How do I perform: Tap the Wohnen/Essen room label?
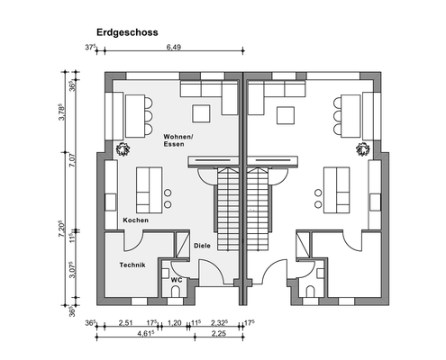[178, 139]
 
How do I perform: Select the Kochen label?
[135, 220]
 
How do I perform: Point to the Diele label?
[203, 245]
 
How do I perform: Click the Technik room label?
[132, 265]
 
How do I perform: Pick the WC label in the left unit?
[176, 280]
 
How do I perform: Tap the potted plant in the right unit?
[363, 148]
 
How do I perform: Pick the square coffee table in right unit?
[287, 115]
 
